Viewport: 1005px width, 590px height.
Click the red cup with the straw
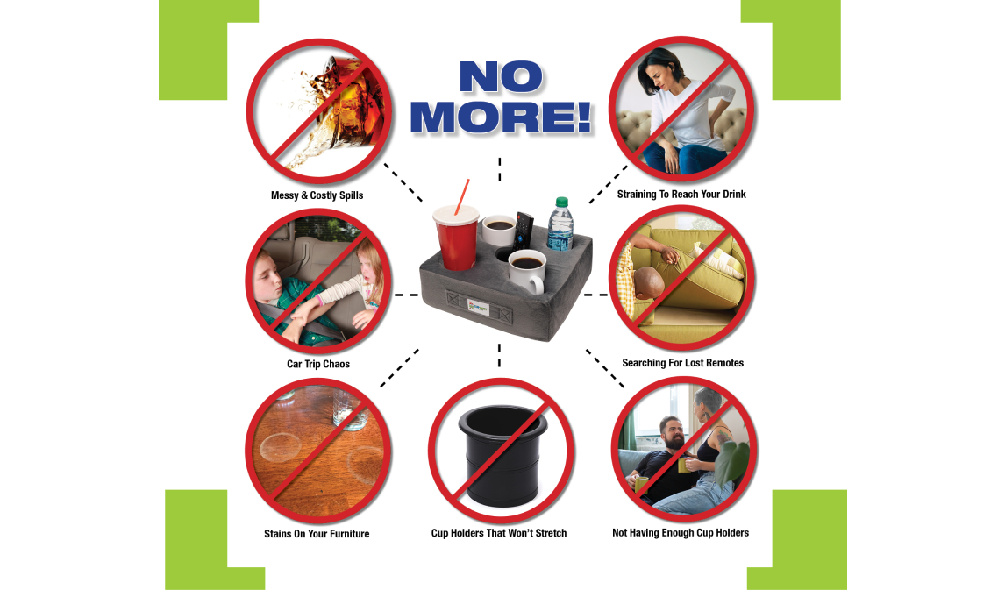click(x=456, y=236)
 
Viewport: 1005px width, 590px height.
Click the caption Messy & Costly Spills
click(x=317, y=195)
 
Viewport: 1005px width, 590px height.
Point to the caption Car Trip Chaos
click(x=318, y=364)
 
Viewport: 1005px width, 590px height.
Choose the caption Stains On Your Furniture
click(x=317, y=534)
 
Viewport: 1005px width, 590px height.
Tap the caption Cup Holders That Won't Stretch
click(x=499, y=533)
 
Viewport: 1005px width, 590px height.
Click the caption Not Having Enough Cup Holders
click(x=680, y=532)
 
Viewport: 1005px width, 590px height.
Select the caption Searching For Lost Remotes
click(x=682, y=363)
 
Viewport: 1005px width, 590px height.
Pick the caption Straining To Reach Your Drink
click(x=681, y=194)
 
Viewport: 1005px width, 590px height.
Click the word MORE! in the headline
click(x=501, y=117)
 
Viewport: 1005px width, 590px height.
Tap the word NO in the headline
click(x=501, y=77)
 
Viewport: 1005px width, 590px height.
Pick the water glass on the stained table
click(x=349, y=410)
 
